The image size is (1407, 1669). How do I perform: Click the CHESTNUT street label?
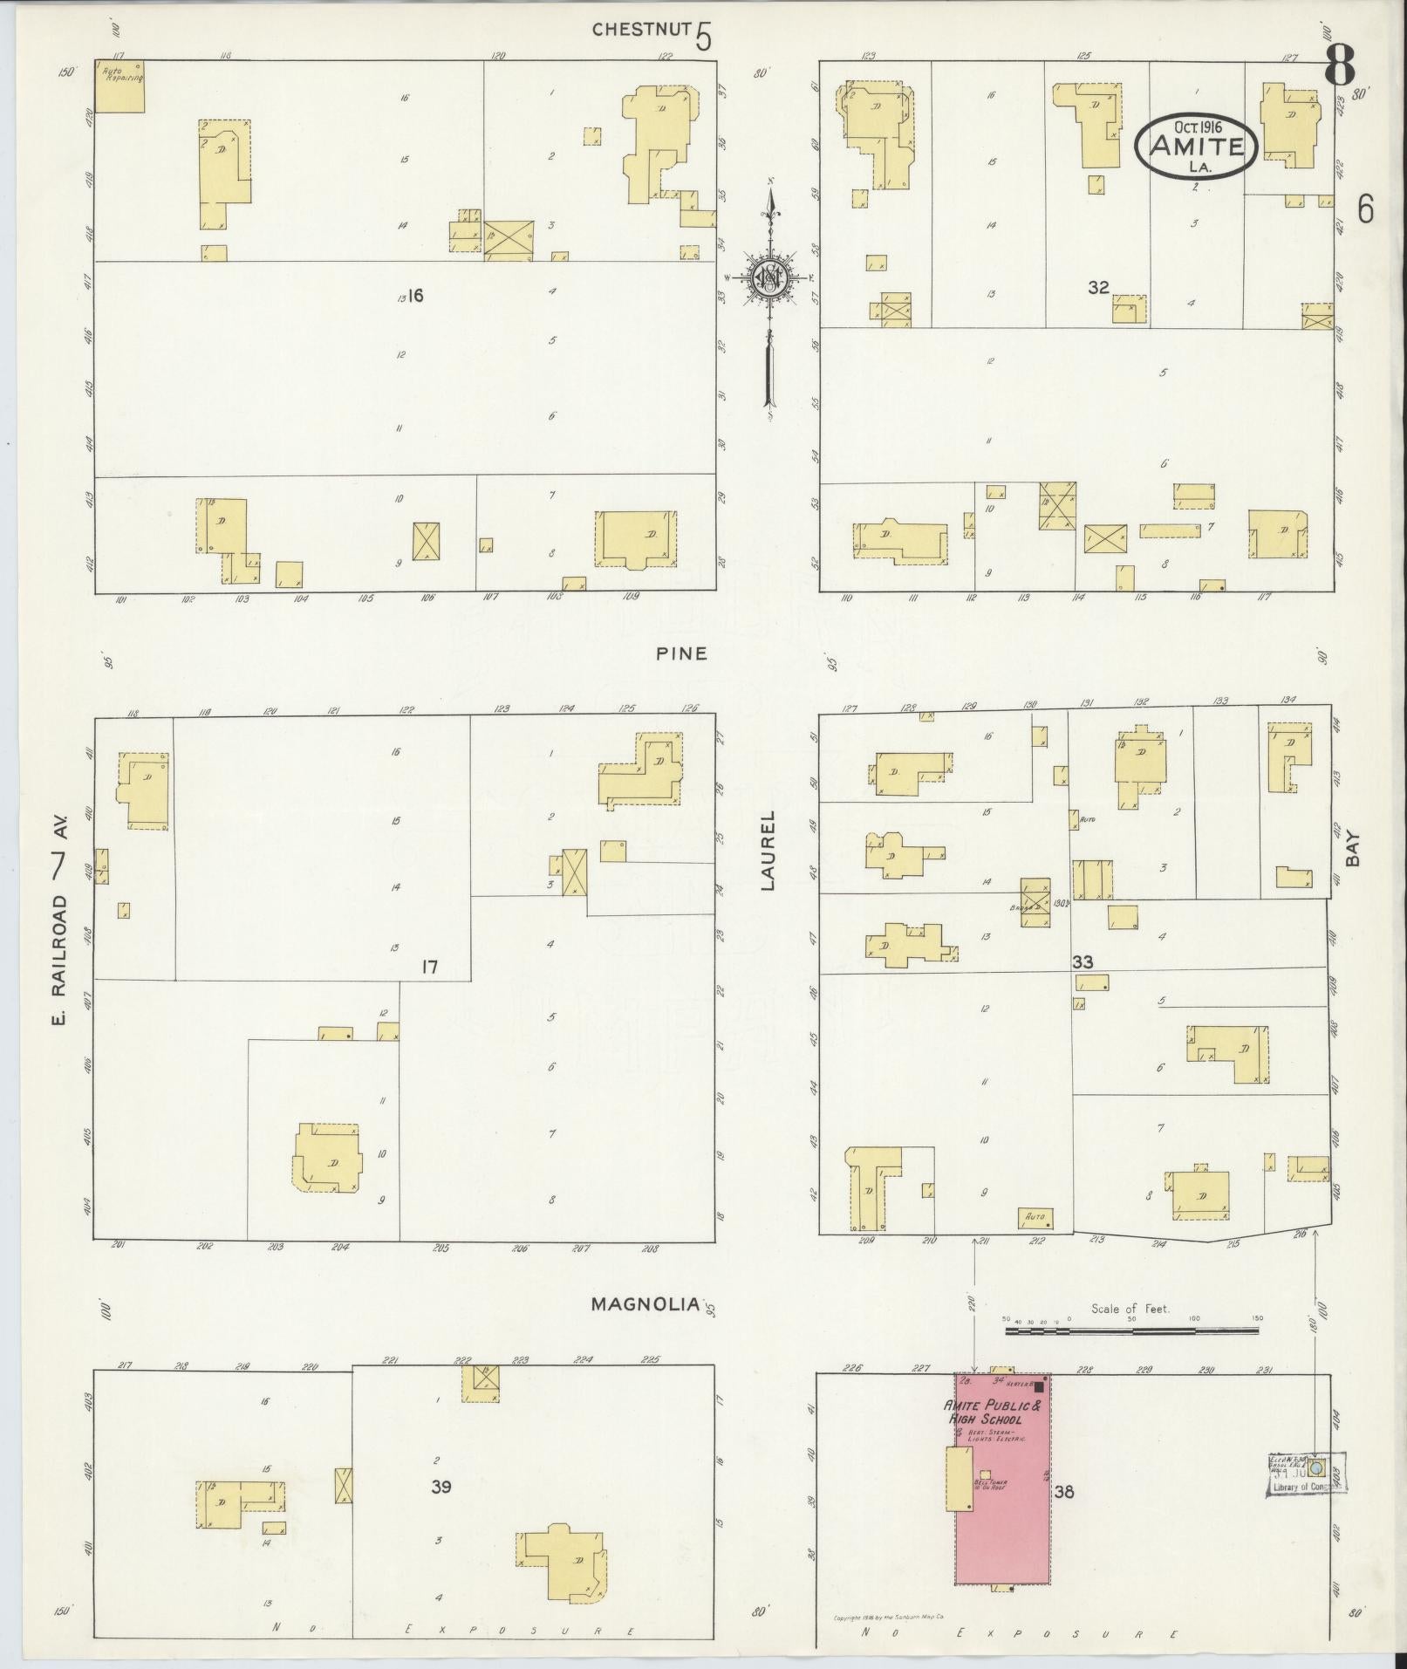(641, 30)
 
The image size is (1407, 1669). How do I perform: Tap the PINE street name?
(682, 653)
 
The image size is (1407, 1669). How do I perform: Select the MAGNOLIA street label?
(645, 1329)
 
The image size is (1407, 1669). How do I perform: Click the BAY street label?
(1353, 847)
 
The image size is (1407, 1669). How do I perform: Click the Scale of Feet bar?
(1131, 1355)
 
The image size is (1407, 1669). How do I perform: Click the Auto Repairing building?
(120, 86)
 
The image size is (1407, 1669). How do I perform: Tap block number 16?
(415, 296)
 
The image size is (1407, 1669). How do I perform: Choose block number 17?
(428, 967)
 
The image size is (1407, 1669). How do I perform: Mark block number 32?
(1098, 287)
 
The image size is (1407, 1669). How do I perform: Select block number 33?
(1083, 962)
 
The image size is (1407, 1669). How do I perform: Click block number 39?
(441, 1487)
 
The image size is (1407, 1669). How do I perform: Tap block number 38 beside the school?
(1063, 1491)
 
